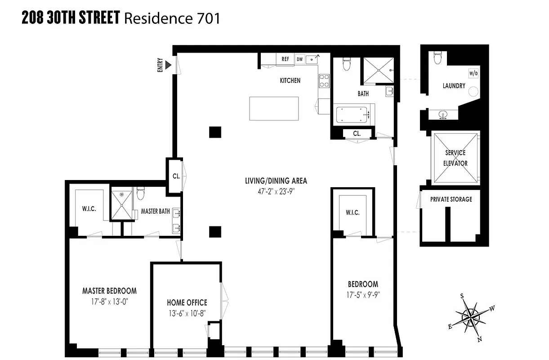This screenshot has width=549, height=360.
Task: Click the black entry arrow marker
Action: coord(169,66)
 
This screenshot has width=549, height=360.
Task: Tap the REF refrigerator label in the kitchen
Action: coord(285,59)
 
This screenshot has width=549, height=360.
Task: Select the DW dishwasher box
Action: coord(299,59)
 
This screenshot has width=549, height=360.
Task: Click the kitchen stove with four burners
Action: coord(324,81)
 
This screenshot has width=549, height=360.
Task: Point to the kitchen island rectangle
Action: coord(274,108)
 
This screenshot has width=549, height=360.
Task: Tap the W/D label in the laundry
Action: coord(473,73)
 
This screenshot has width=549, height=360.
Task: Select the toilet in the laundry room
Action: coord(437,58)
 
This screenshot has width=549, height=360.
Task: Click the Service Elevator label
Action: coord(455,158)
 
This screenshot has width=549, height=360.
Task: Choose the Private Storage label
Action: coord(451,199)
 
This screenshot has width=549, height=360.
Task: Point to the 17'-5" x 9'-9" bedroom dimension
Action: coord(363,295)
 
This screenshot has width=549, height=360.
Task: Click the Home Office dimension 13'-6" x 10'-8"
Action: coord(187,313)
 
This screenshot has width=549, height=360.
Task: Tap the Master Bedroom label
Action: coord(109,291)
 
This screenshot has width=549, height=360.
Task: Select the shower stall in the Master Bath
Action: coord(121,205)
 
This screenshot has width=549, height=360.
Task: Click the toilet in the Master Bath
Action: coord(140,194)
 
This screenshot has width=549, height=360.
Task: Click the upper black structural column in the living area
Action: coord(215,132)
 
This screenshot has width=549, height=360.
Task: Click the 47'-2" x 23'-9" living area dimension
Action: coord(276,191)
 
